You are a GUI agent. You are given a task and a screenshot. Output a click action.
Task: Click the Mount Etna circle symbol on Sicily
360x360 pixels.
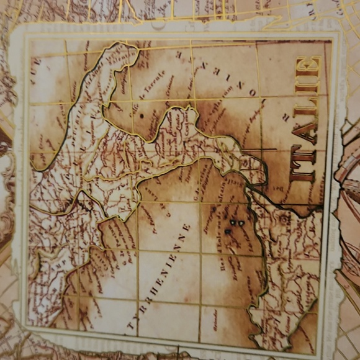284,218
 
